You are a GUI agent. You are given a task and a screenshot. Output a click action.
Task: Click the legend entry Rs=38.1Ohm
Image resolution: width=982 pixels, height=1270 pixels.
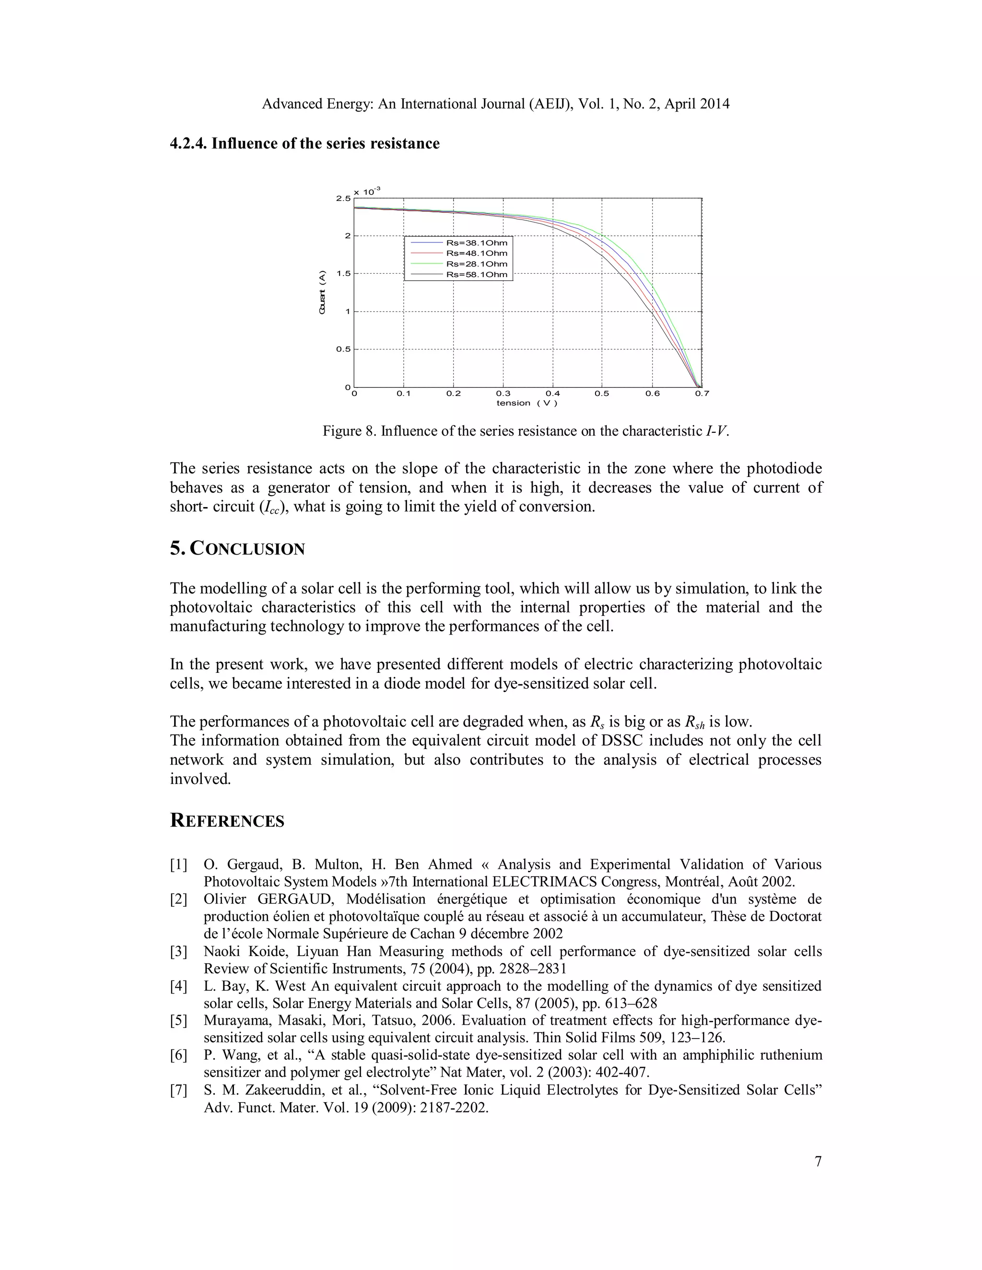(476, 243)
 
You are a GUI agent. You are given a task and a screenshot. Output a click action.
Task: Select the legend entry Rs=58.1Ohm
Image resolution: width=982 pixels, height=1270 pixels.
(476, 275)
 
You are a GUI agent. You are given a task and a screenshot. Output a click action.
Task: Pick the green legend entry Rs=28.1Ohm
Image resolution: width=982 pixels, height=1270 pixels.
(476, 264)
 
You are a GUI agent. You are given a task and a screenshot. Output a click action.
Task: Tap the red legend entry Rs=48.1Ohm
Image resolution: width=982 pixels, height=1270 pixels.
(476, 254)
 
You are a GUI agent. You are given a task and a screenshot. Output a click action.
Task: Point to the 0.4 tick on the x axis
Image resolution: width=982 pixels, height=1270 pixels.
(553, 393)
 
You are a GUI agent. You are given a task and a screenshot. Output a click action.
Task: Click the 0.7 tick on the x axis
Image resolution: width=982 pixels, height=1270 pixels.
(701, 393)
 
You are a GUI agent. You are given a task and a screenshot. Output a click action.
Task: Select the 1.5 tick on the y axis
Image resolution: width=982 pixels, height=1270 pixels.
(343, 274)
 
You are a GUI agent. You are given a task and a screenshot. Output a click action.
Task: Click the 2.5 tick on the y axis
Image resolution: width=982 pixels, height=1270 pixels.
(343, 199)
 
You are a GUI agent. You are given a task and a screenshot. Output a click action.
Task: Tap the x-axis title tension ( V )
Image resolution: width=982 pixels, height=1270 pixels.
(526, 403)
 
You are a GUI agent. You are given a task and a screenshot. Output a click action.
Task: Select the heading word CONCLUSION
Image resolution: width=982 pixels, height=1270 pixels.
(247, 549)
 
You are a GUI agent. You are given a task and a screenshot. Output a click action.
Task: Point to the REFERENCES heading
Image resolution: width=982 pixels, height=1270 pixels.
(227, 821)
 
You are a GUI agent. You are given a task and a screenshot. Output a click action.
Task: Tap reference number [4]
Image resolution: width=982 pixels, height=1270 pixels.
(178, 986)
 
